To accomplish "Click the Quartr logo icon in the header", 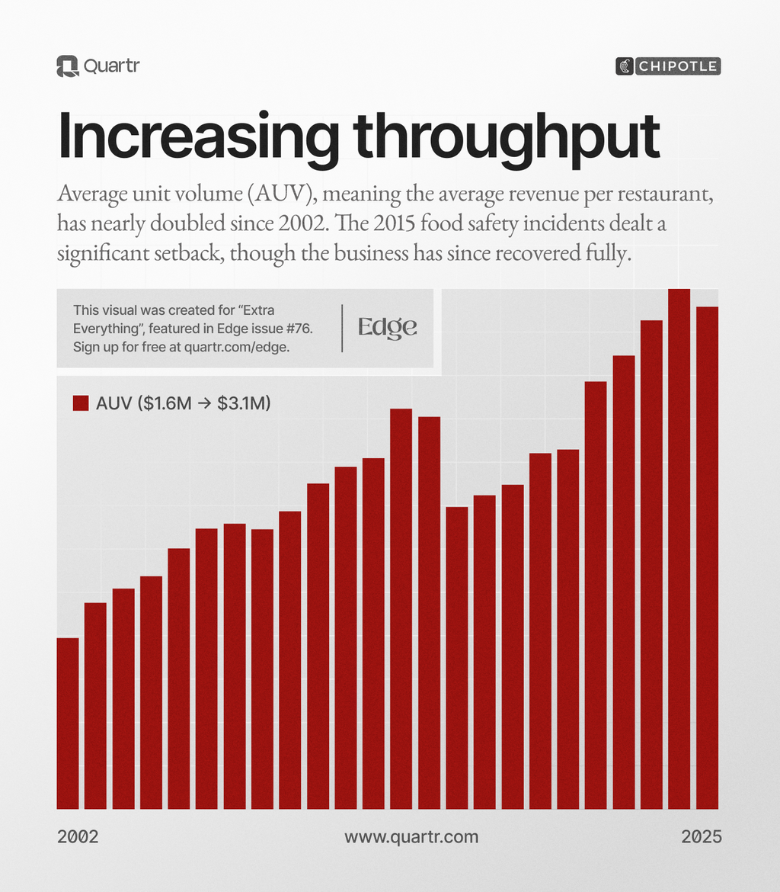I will pyautogui.click(x=68, y=66).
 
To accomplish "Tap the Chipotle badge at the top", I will pyautogui.click(x=667, y=66).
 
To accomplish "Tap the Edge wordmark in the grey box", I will pyautogui.click(x=388, y=328).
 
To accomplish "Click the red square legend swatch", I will pyautogui.click(x=81, y=404).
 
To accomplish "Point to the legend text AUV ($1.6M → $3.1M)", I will pyautogui.click(x=184, y=404).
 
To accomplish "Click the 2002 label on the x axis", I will pyautogui.click(x=78, y=836).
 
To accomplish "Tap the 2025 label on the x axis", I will pyautogui.click(x=702, y=836).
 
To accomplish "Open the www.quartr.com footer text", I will pyautogui.click(x=411, y=836).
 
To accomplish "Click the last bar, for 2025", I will pyautogui.click(x=708, y=557).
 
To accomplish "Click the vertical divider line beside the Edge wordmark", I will pyautogui.click(x=343, y=328).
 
